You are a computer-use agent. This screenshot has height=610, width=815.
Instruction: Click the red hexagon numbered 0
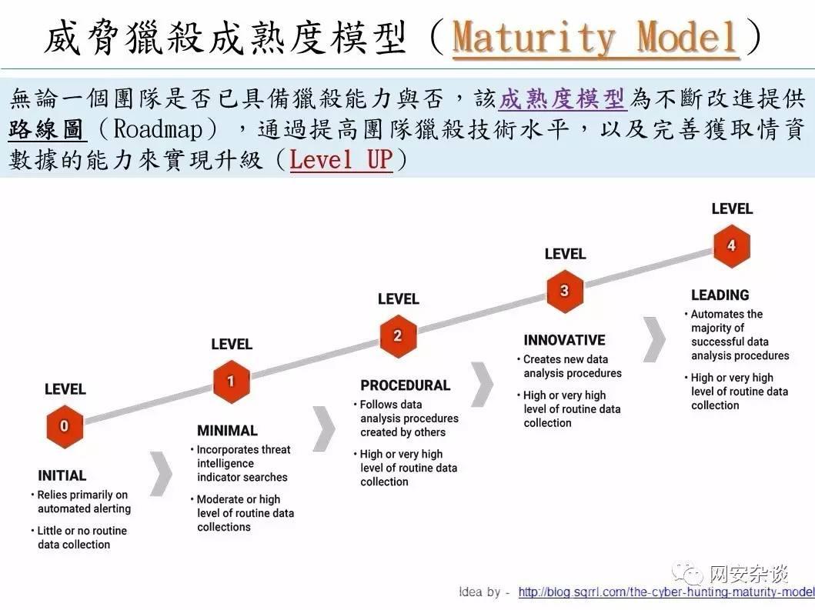(65, 426)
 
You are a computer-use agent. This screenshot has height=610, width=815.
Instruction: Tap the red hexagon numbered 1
(232, 382)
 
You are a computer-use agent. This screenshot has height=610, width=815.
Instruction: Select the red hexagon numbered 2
(398, 336)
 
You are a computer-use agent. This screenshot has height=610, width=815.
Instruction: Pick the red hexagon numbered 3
(565, 291)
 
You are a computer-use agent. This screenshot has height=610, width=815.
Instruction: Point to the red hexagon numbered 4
(732, 245)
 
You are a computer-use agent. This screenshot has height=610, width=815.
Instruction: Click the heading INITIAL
(62, 475)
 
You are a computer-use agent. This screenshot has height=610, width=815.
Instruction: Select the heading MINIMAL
(227, 430)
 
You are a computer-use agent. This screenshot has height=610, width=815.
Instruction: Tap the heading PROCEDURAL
(406, 385)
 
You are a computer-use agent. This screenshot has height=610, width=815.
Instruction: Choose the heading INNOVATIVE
(564, 340)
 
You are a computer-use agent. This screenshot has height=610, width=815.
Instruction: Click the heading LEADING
(720, 295)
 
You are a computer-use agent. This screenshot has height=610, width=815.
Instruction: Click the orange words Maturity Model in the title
(595, 37)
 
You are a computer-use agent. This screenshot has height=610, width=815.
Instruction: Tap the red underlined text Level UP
(341, 159)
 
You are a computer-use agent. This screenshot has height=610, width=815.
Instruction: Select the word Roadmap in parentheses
(158, 129)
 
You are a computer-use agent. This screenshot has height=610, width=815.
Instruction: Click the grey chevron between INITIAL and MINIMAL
(161, 473)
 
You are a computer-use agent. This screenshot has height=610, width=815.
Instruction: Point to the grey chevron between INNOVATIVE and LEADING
(654, 339)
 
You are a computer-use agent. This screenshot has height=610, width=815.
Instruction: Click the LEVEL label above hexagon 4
(732, 209)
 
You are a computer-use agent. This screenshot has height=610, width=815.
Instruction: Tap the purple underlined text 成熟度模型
(562, 98)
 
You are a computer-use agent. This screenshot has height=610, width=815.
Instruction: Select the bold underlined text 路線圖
(46, 129)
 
